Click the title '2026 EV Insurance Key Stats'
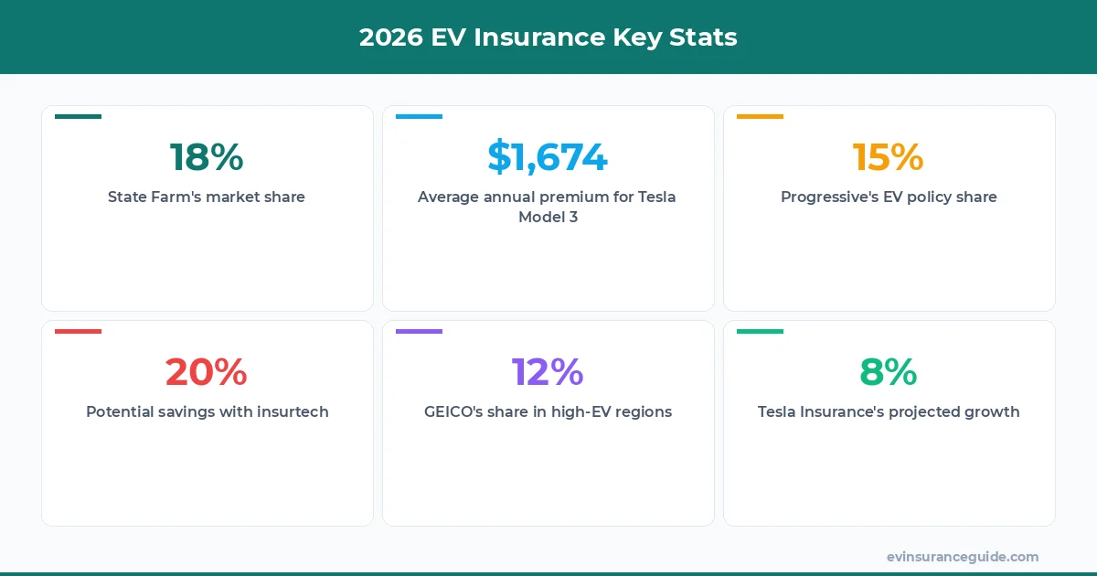(x=548, y=37)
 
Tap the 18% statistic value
(x=207, y=157)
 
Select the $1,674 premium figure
(x=548, y=157)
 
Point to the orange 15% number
(x=889, y=157)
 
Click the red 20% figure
(x=207, y=372)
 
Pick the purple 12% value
(x=548, y=372)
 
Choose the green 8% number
(x=889, y=372)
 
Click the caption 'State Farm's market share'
(x=207, y=197)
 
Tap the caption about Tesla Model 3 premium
(x=548, y=207)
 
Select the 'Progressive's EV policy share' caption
(x=889, y=197)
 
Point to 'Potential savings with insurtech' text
(x=207, y=411)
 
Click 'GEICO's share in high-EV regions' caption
(x=548, y=411)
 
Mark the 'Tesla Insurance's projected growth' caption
(x=889, y=411)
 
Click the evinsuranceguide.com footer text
(x=963, y=557)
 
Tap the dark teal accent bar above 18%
(x=79, y=116)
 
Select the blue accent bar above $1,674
(x=420, y=116)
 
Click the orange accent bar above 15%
(x=761, y=116)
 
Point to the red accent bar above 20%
(x=79, y=331)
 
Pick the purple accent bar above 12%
(x=420, y=331)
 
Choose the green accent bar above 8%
(x=761, y=331)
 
